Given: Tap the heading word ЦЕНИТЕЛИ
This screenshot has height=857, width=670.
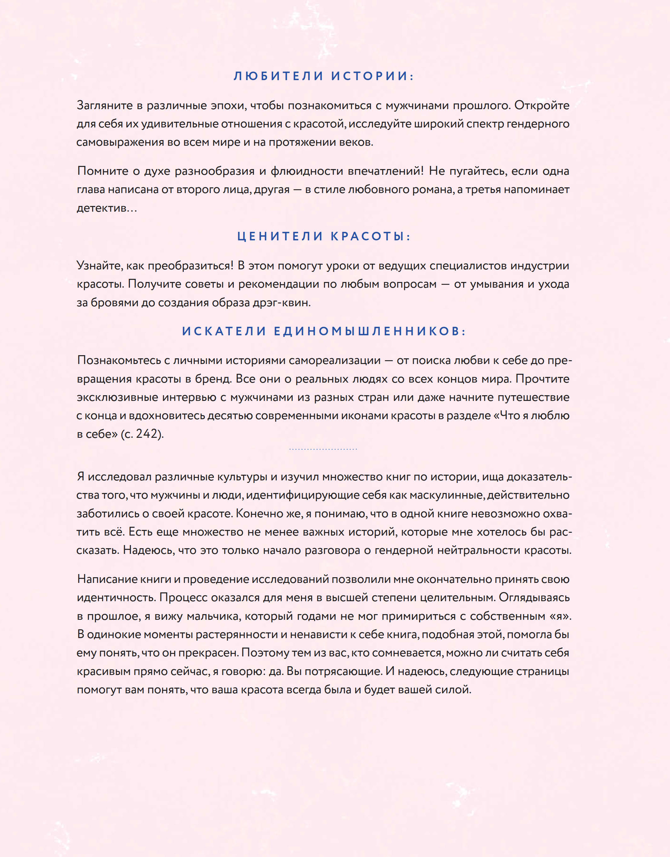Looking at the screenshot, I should click(280, 236).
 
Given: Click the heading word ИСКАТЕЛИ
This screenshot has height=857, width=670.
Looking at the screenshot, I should click(224, 331).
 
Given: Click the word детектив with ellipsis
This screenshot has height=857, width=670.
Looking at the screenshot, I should click(107, 208).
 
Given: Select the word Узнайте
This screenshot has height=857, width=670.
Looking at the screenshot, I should click(99, 266).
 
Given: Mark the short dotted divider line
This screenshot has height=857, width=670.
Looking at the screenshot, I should click(323, 449).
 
